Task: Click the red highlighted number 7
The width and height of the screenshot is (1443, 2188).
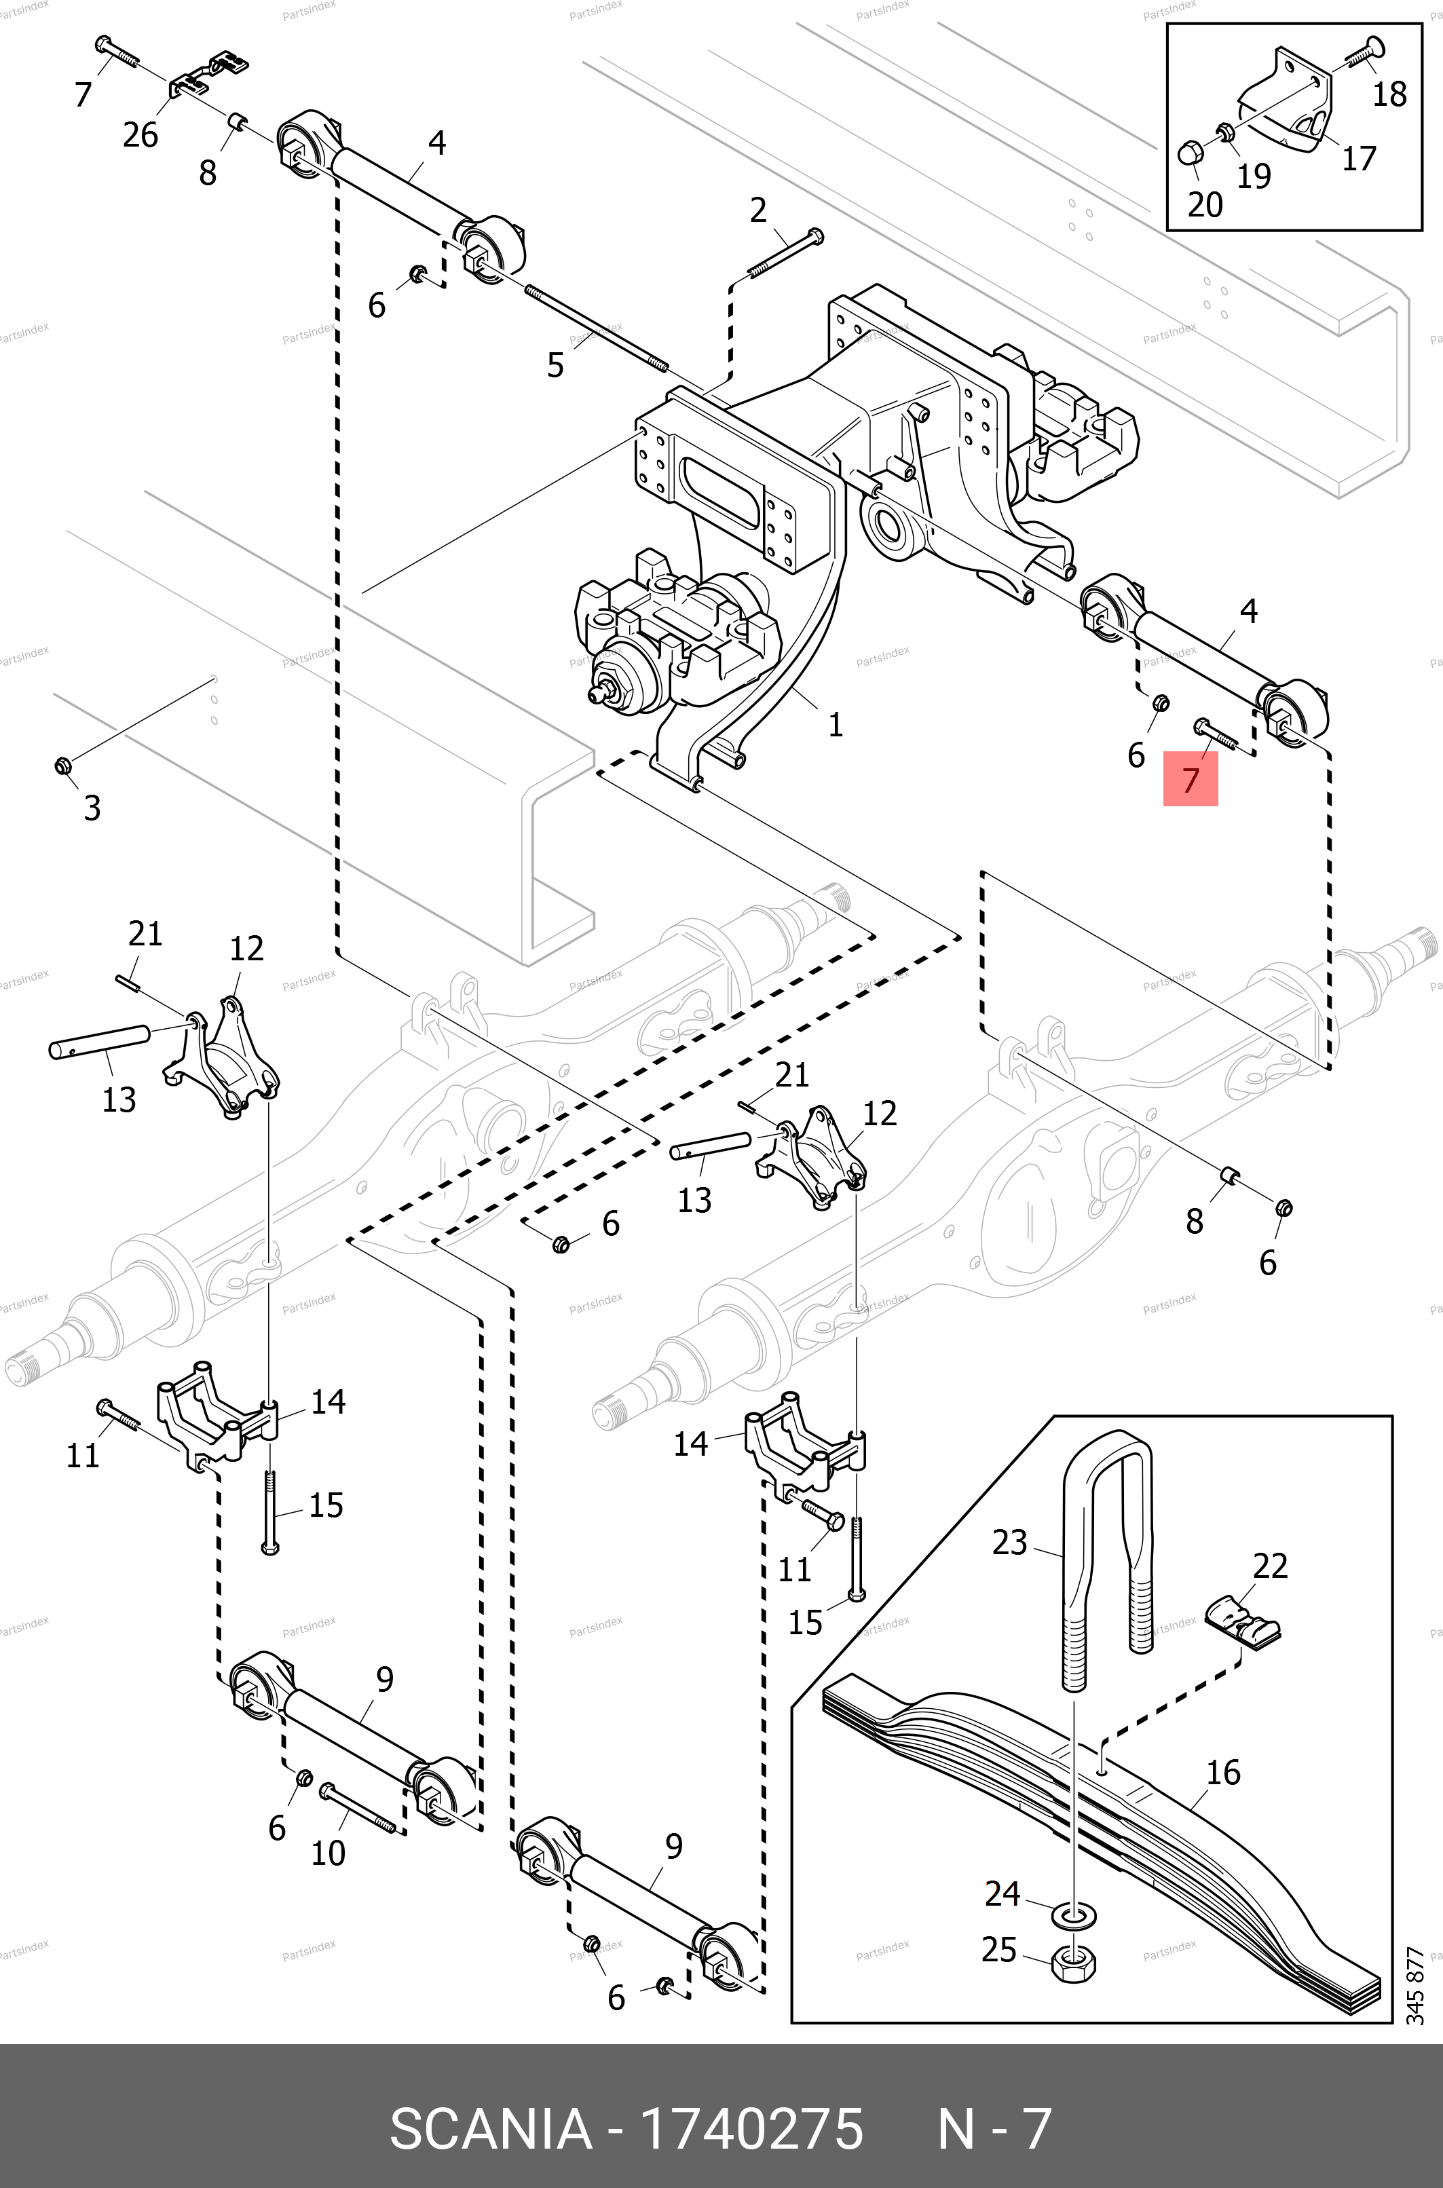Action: pos(1190,779)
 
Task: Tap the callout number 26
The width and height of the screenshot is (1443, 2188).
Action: pos(140,134)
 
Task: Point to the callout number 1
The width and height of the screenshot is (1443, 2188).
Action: pos(835,724)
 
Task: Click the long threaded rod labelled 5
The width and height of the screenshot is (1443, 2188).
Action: pos(597,328)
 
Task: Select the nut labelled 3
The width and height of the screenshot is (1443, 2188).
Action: pos(62,765)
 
